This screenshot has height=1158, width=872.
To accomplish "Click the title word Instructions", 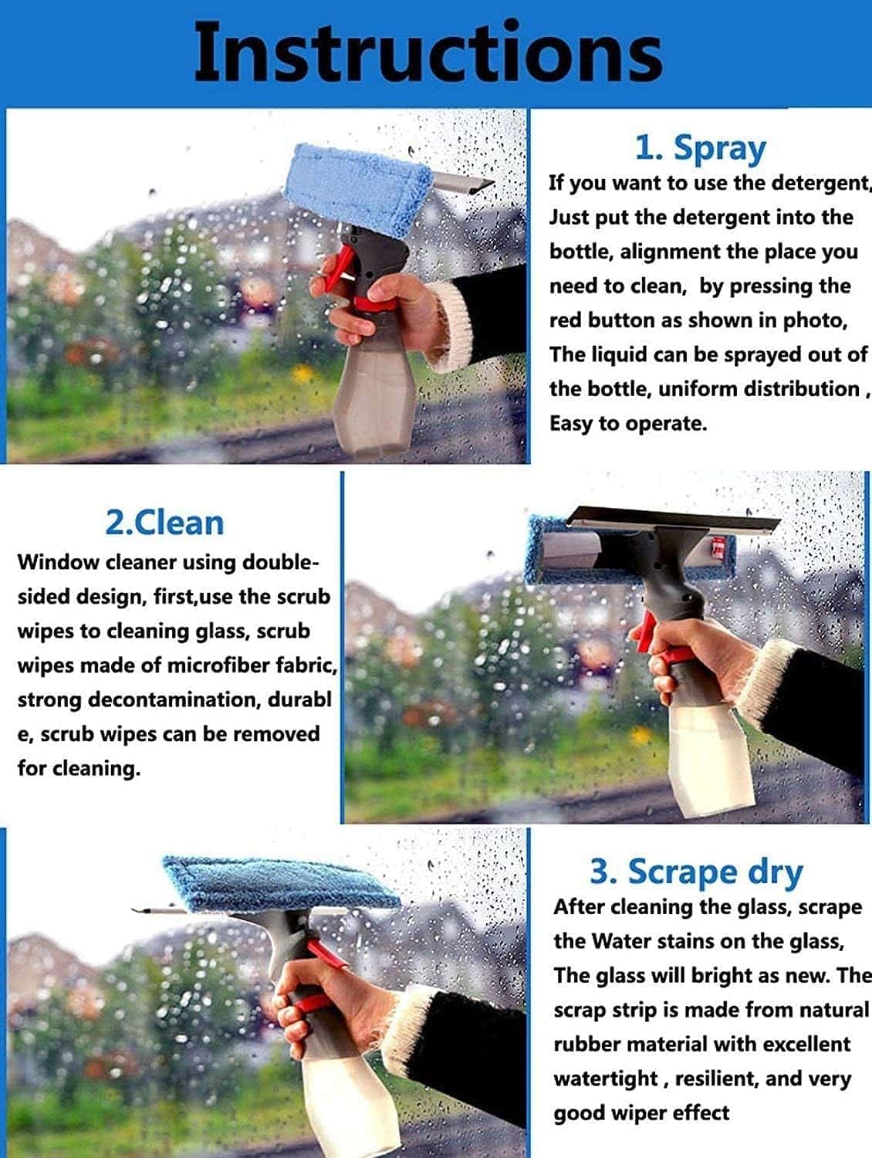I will pos(428,52).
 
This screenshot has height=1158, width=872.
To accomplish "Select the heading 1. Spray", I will pos(700,147).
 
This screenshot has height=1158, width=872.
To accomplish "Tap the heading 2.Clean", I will pos(164,523).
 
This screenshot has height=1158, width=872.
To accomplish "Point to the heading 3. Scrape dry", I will pos(696,872).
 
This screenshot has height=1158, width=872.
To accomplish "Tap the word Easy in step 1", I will pos(570,423).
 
